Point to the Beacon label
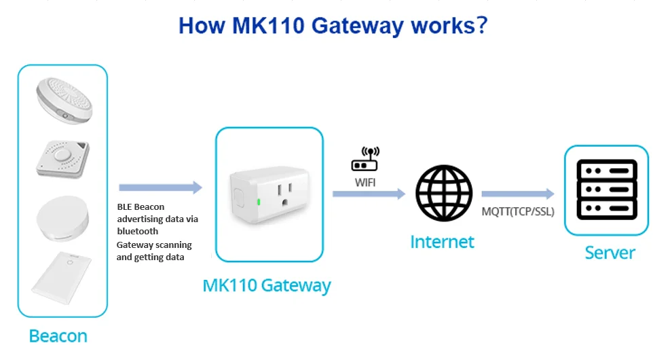(58, 336)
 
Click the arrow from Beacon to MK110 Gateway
(160, 187)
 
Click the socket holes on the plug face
(286, 191)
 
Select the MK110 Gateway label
(267, 285)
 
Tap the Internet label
(443, 241)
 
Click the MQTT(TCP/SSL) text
(518, 211)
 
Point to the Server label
(610, 253)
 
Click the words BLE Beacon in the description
(141, 206)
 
